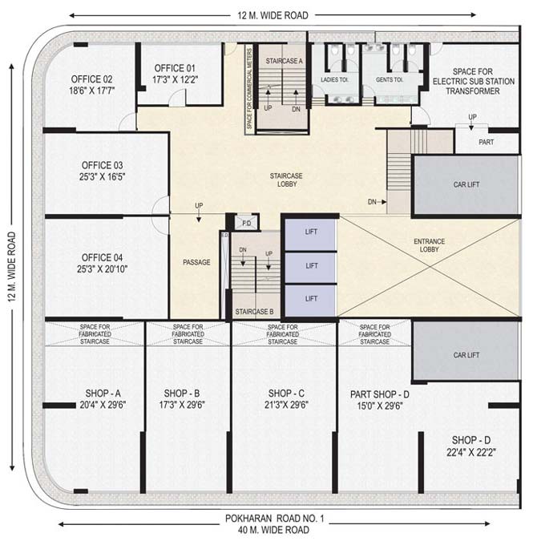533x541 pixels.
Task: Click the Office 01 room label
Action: tap(175, 68)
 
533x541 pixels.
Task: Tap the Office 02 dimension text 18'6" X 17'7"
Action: tap(91, 91)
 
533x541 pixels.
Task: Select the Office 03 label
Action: tap(102, 165)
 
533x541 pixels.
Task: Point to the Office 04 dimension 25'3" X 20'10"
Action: tap(102, 268)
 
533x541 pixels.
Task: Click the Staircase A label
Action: tap(284, 61)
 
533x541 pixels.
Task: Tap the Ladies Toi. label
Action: tap(334, 79)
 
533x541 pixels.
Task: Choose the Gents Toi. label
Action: tap(390, 79)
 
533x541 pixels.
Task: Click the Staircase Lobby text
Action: tap(286, 180)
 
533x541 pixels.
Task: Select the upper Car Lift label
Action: tap(466, 184)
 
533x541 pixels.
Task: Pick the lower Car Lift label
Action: tap(466, 355)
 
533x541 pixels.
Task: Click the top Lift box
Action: tap(310, 235)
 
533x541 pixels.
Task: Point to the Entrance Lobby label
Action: tap(429, 245)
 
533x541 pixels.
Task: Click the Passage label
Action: tap(196, 263)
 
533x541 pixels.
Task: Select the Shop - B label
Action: tap(182, 394)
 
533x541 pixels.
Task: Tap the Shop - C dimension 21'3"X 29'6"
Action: tap(286, 405)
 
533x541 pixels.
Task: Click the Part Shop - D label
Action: tap(380, 394)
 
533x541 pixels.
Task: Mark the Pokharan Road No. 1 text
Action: tap(275, 519)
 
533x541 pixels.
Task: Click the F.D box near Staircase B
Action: tap(247, 223)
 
